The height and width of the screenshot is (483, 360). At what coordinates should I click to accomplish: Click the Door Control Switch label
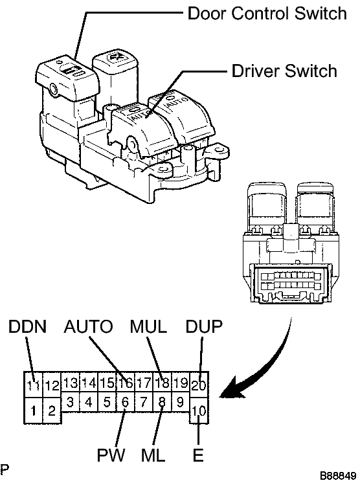(x=267, y=14)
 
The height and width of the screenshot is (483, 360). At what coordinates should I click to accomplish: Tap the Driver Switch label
(x=284, y=71)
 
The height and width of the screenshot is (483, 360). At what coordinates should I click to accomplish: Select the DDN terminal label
(x=27, y=326)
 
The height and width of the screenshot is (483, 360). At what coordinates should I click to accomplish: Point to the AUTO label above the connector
(x=89, y=326)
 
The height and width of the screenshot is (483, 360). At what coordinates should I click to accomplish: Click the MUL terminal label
(x=148, y=326)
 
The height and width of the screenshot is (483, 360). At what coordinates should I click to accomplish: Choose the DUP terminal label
(x=203, y=326)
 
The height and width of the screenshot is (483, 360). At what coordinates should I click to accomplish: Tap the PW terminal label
(x=111, y=455)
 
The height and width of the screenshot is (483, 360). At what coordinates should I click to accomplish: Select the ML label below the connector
(x=153, y=455)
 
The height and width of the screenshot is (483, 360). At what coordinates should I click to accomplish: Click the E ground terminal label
(x=198, y=455)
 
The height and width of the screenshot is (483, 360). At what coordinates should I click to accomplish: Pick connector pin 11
(x=33, y=385)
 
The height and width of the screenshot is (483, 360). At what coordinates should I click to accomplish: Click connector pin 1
(x=33, y=410)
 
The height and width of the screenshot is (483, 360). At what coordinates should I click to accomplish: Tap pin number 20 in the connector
(x=199, y=385)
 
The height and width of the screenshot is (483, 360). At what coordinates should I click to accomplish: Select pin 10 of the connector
(x=199, y=410)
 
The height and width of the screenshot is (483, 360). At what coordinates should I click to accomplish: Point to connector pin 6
(x=126, y=402)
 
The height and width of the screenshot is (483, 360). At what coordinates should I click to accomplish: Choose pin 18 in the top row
(x=163, y=383)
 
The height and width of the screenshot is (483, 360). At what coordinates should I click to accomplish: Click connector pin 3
(x=70, y=402)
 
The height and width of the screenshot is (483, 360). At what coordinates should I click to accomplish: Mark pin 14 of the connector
(x=89, y=383)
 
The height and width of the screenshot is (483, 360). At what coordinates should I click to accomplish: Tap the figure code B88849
(x=338, y=476)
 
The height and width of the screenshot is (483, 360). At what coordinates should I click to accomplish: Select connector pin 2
(x=52, y=410)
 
